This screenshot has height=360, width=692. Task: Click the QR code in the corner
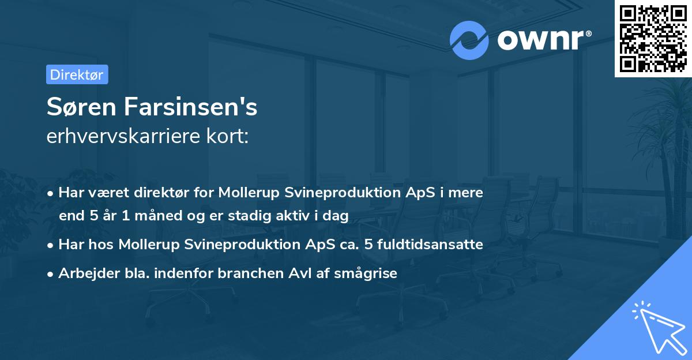653,39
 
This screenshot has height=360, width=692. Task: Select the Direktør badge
77,74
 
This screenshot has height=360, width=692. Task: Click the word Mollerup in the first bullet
249,193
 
